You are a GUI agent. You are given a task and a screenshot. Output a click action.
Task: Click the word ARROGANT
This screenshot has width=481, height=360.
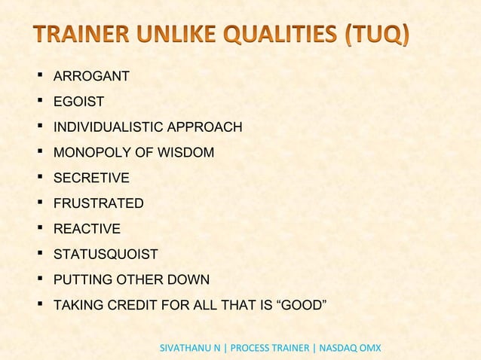[91, 76]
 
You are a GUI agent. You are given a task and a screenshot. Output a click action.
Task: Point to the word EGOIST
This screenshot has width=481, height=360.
[78, 102]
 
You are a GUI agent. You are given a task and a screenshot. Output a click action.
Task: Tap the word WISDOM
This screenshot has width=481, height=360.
[185, 153]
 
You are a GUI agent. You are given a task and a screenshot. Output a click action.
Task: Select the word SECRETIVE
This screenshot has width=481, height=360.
[91, 178]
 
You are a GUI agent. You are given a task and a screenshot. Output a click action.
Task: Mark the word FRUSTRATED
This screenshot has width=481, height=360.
[98, 203]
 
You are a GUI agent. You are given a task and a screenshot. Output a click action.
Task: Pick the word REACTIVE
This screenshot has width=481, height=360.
[87, 229]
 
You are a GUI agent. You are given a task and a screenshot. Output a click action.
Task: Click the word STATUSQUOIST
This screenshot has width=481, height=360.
[106, 255]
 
